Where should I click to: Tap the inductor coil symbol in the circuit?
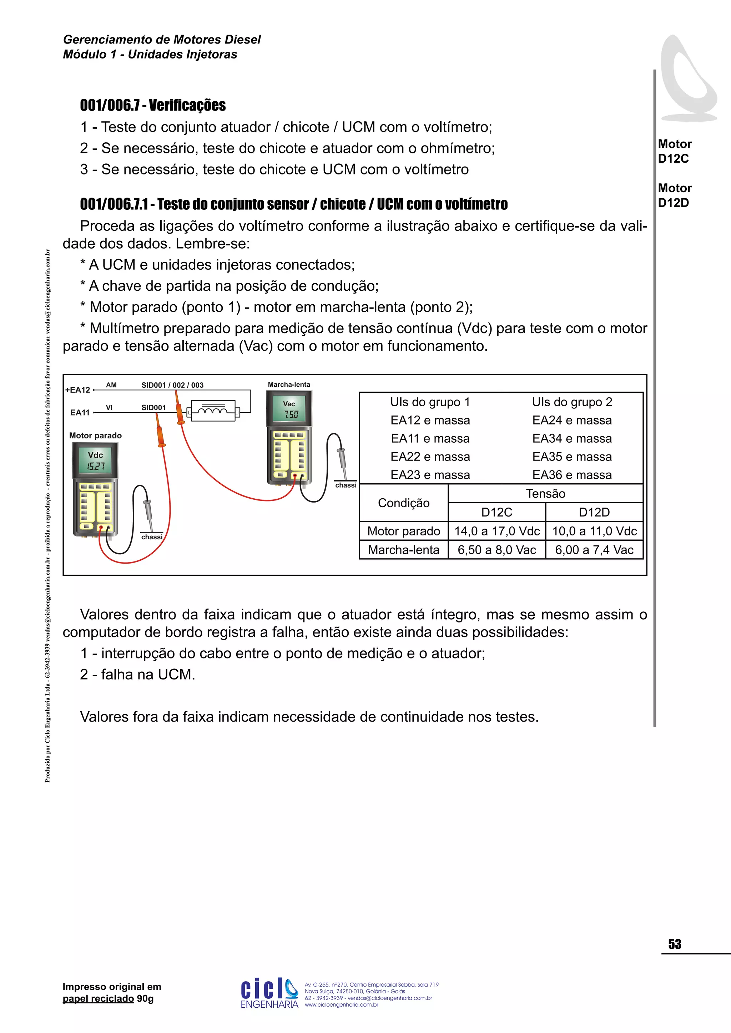pos(213,411)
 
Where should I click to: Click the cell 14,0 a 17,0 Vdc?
pos(496,531)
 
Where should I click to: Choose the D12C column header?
pos(496,513)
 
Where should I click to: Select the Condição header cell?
pos(403,503)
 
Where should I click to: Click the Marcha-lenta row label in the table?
pos(403,550)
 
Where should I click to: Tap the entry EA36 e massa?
pos(572,475)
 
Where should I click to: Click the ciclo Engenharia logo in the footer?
pos(269,992)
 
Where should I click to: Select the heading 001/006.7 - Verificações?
pos(153,105)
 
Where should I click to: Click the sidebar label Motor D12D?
pos(674,195)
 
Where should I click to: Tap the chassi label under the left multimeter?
pos(152,537)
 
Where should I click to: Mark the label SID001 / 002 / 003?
pos(172,385)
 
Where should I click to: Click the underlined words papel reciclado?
pos(98,999)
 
